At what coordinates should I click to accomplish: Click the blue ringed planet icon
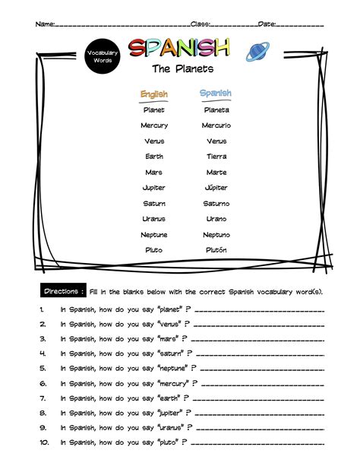[256, 52]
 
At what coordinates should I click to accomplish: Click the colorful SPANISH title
[178, 49]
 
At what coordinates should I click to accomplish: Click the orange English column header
[154, 94]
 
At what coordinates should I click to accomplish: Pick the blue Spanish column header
[216, 94]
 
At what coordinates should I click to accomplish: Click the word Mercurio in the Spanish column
[216, 125]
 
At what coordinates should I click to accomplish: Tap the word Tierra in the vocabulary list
[216, 157]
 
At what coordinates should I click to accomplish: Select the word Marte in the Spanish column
[216, 173]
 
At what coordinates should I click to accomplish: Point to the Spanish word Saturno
[216, 204]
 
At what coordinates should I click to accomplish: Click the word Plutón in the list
[216, 250]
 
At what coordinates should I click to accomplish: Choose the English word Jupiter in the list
[154, 188]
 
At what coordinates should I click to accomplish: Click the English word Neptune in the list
[154, 235]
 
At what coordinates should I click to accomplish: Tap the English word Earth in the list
[154, 157]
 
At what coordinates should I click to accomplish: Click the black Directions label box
[62, 292]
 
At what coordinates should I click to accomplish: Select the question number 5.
[43, 369]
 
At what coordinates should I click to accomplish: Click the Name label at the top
[45, 24]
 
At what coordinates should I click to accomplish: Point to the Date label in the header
[267, 24]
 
